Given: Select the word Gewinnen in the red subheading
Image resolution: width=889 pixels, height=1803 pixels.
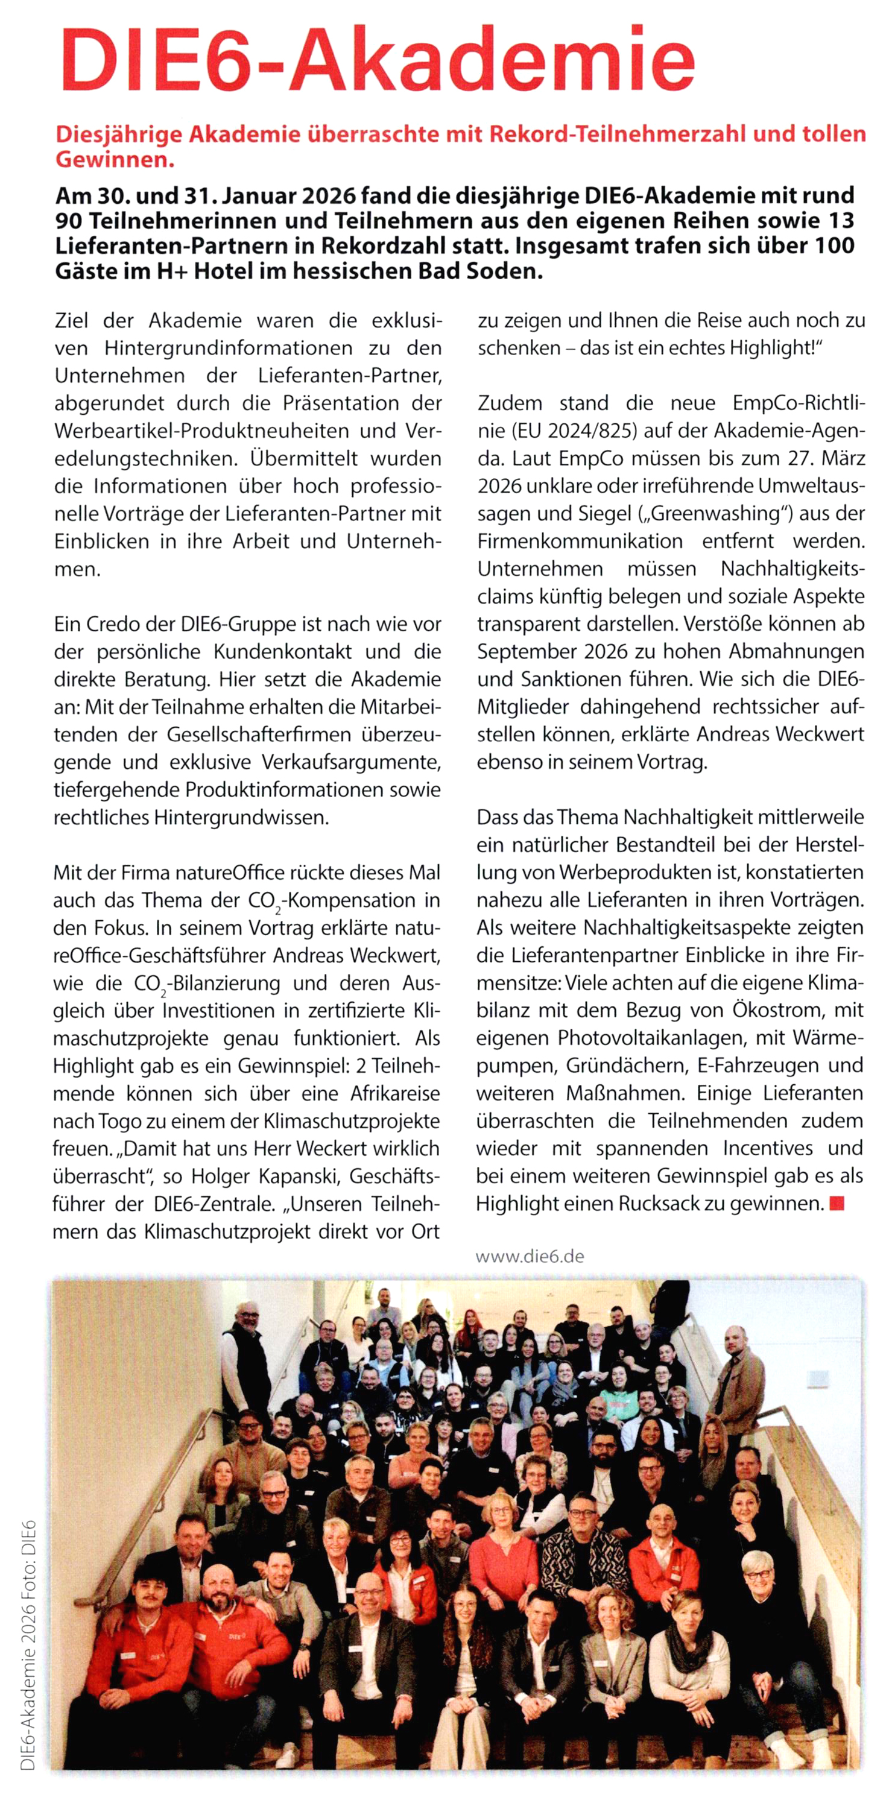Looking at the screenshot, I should pyautogui.click(x=114, y=160).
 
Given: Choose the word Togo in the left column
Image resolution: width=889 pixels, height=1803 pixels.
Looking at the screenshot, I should pyautogui.click(x=101, y=1120).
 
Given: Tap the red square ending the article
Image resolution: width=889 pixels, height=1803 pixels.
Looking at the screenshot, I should pyautogui.click(x=837, y=1203).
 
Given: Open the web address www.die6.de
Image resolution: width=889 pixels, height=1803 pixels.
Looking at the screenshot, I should pyautogui.click(x=530, y=1255).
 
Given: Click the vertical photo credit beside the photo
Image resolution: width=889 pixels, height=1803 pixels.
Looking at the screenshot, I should pyautogui.click(x=28, y=1645).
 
